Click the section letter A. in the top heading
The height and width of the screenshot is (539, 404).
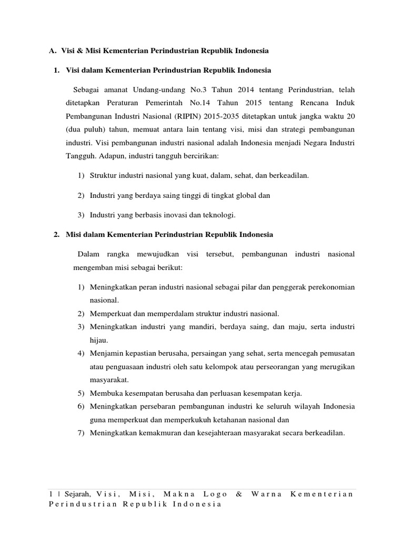[x=52, y=51]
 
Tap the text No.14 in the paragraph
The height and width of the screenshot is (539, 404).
[x=208, y=102]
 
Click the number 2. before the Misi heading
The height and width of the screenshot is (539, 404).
[x=56, y=234]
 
